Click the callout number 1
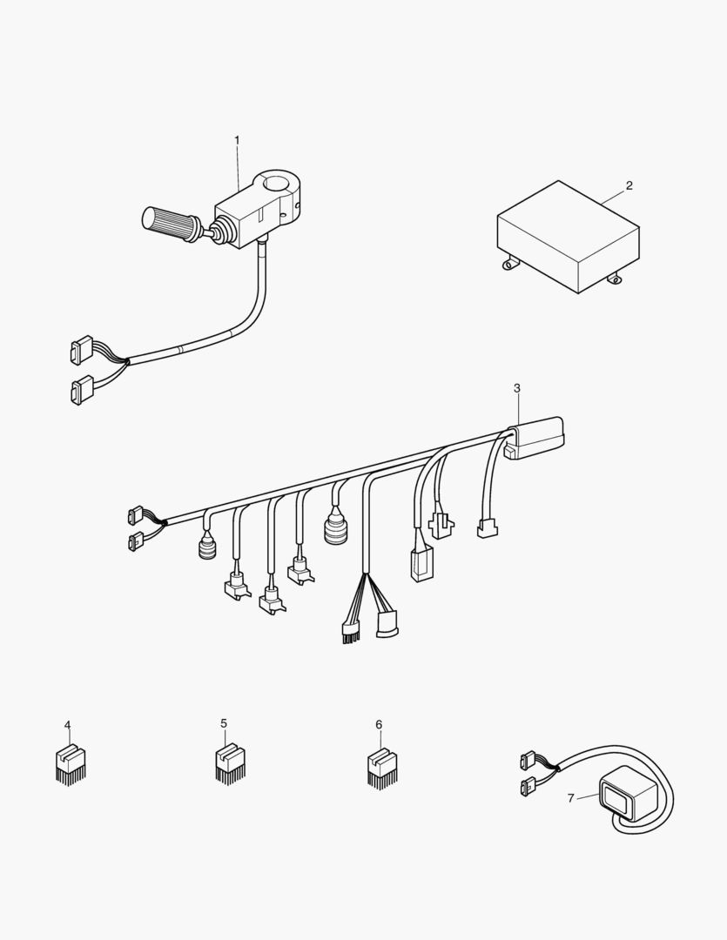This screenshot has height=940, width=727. point(237,140)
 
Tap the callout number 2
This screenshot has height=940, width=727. point(629,186)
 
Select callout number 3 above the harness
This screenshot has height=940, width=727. point(517,388)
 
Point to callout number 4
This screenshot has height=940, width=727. point(67,725)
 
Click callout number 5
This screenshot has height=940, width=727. point(224,723)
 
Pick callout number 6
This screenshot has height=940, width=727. point(379,725)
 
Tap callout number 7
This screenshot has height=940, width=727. point(571,798)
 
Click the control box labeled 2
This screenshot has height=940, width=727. point(568,237)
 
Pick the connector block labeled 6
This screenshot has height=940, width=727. point(383,768)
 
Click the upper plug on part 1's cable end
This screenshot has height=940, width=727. point(82,350)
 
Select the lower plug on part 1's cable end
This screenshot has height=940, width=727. point(82,390)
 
